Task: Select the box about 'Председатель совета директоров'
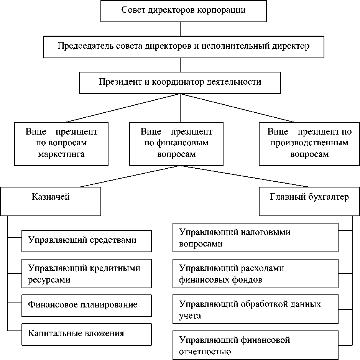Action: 183,47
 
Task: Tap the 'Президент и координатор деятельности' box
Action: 180,83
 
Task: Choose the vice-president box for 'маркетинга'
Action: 61,143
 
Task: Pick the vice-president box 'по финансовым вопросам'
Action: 176,143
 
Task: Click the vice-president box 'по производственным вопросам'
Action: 309,143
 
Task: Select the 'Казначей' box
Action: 50,201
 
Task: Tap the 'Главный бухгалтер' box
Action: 309,201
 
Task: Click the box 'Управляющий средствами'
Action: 86,241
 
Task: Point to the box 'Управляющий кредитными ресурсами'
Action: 86,274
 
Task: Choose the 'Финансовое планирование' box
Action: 86,305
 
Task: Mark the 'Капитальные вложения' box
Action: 86,334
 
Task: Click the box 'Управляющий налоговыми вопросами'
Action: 255,238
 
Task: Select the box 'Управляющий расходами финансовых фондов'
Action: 255,274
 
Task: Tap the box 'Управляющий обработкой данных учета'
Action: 255,309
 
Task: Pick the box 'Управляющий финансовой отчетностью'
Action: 255,345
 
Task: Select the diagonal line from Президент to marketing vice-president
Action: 123,108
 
